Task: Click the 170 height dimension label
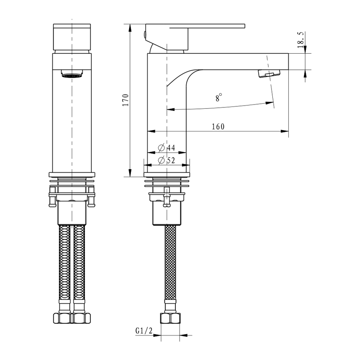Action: [x=126, y=100]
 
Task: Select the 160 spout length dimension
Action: [x=218, y=126]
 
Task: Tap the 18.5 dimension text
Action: [x=301, y=40]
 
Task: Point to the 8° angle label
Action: [x=219, y=97]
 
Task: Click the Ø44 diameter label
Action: [x=167, y=147]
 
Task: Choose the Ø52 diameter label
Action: [x=167, y=160]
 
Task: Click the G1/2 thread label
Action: [x=144, y=331]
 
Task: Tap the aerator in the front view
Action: [x=72, y=74]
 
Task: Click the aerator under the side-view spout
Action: [x=269, y=74]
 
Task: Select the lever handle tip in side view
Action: [x=244, y=26]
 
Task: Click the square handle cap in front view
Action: [x=72, y=37]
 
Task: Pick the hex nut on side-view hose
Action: [x=170, y=318]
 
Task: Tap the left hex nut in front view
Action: [x=63, y=318]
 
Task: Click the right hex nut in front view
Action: [x=81, y=318]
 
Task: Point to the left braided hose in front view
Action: [x=65, y=262]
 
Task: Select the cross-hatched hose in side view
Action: [x=171, y=262]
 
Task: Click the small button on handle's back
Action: [x=145, y=34]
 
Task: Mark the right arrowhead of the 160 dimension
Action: [x=285, y=131]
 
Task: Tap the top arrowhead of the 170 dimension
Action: [x=130, y=28]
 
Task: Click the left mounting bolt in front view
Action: [x=52, y=196]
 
